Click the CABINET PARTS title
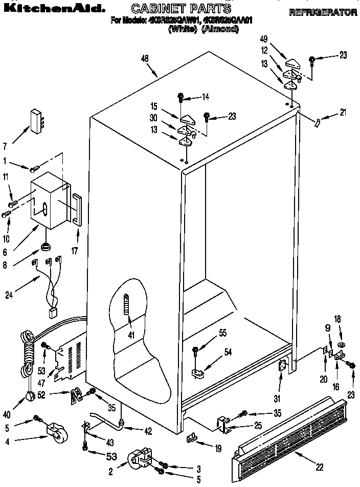(x=182, y=9)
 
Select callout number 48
(x=145, y=59)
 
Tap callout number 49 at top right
(x=264, y=39)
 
